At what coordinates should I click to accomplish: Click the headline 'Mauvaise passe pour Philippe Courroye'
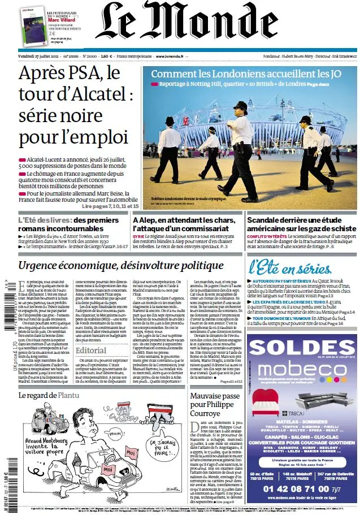coord(215,404)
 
